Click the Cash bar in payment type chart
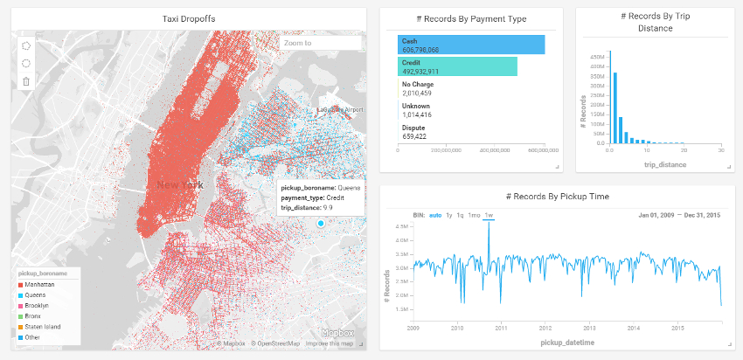click(471, 45)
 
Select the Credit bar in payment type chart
click(457, 66)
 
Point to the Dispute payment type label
click(414, 128)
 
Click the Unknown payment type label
click(416, 106)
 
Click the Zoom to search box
click(320, 43)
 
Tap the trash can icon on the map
click(26, 81)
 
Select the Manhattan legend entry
click(39, 285)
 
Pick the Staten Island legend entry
click(43, 327)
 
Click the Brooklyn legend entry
click(38, 306)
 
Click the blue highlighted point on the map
click(321, 224)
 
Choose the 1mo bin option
click(474, 215)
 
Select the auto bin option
click(435, 215)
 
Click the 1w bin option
click(489, 215)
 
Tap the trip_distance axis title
click(665, 164)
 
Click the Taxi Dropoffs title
click(189, 18)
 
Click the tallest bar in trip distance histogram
click(609, 97)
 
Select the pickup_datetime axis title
click(568, 343)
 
